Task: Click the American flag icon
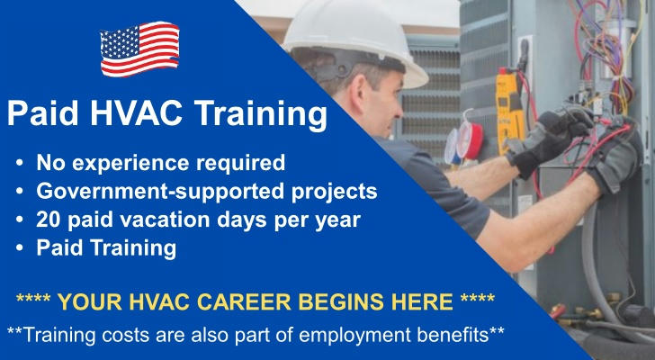tap(140, 49)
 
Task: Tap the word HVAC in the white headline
tap(138, 113)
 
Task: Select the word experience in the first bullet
tap(131, 164)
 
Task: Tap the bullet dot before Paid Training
tap(20, 247)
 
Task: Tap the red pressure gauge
tap(469, 139)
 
